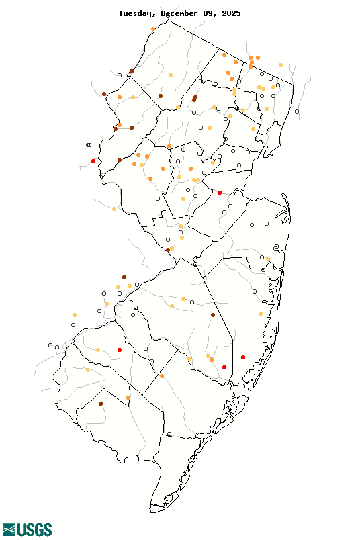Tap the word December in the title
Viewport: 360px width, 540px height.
pyautogui.click(x=183, y=13)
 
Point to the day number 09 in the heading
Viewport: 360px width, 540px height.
pyautogui.click(x=211, y=13)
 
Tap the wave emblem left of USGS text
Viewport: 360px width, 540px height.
pyautogui.click(x=9, y=530)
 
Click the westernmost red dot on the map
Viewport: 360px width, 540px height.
pyautogui.click(x=93, y=161)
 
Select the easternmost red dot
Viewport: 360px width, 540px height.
pyautogui.click(x=243, y=357)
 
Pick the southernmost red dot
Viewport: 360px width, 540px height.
pyautogui.click(x=224, y=367)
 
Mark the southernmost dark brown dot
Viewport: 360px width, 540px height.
pyautogui.click(x=101, y=404)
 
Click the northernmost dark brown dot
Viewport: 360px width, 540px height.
pyautogui.click(x=132, y=71)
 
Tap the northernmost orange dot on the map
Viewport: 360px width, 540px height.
pyautogui.click(x=154, y=29)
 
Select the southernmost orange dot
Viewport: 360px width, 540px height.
pyautogui.click(x=128, y=398)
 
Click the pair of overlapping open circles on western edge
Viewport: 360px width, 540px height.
pyautogui.click(x=89, y=144)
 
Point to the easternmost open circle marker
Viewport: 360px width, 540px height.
pyautogui.click(x=297, y=111)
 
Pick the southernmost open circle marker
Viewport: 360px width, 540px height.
pyautogui.click(x=171, y=435)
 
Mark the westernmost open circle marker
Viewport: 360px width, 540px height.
pyautogui.click(x=50, y=345)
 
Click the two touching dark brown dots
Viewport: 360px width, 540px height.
pyautogui.click(x=195, y=99)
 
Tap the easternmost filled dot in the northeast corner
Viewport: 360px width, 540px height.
pyautogui.click(x=280, y=65)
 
